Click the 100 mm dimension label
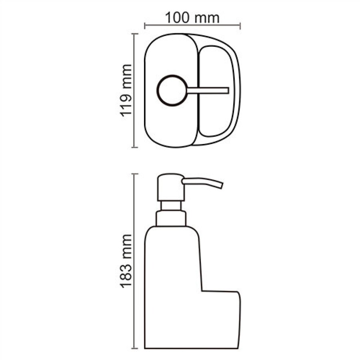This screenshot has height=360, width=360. (192, 18)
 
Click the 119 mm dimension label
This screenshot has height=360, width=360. (126, 90)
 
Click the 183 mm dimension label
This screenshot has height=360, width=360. (126, 261)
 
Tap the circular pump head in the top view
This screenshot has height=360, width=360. (172, 90)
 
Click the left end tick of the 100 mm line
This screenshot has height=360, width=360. (145, 26)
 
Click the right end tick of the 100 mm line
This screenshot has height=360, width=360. (240, 26)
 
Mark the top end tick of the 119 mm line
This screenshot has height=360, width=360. (134, 34)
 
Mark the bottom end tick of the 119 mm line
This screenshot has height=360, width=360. (134, 147)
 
